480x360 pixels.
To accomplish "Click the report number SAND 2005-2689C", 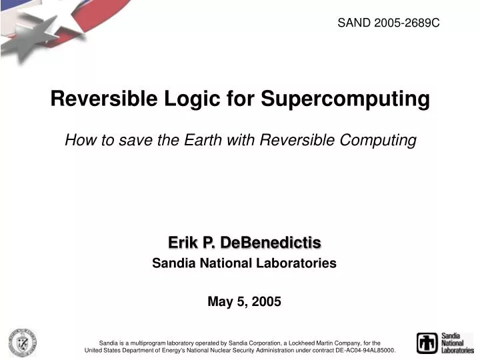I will (x=388, y=23).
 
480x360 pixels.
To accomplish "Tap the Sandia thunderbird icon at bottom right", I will (x=427, y=343).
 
